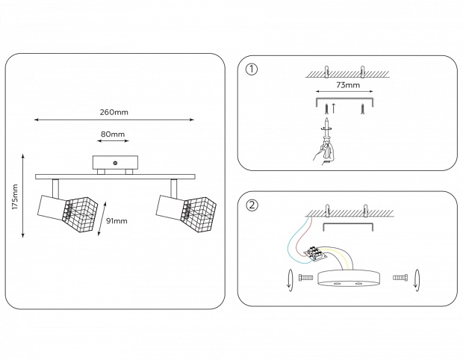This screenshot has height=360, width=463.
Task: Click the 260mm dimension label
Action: (x=114, y=112)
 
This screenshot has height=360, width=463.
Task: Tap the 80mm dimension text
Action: (x=113, y=135)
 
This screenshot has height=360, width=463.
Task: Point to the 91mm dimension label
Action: (x=117, y=221)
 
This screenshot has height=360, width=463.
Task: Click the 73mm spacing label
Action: (x=345, y=87)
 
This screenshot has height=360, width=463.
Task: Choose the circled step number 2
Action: (x=252, y=205)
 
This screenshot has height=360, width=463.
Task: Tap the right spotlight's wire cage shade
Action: (x=194, y=208)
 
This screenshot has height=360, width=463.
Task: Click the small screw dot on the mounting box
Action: (x=115, y=163)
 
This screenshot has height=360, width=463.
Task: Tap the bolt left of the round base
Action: (x=304, y=278)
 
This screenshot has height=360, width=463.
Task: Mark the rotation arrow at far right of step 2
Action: (x=417, y=279)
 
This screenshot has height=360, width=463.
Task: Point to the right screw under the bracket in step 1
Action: (x=362, y=110)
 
